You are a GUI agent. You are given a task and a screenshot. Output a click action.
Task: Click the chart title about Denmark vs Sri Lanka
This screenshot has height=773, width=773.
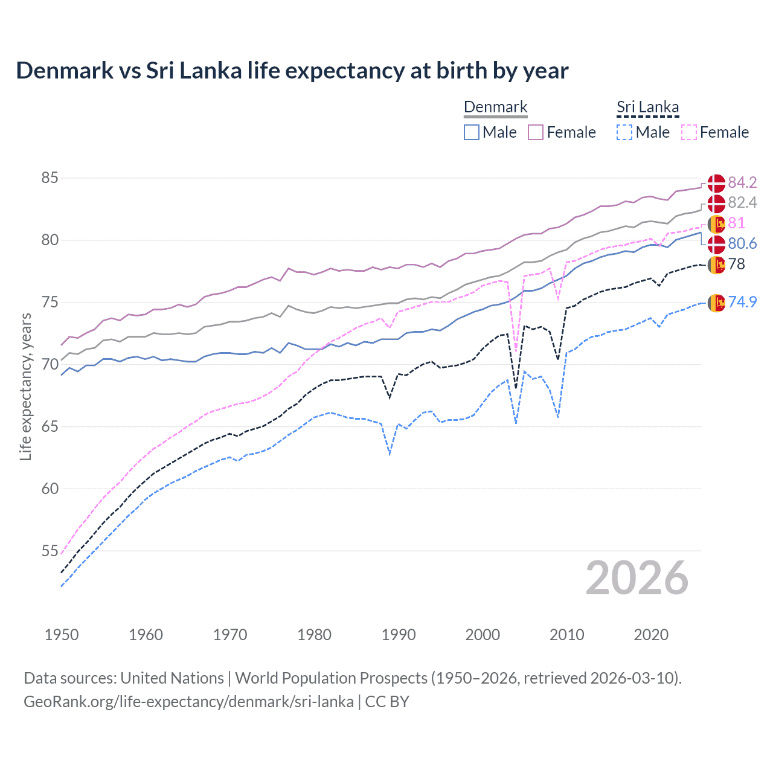292,71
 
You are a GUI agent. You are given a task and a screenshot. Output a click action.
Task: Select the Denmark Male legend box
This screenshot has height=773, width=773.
472,132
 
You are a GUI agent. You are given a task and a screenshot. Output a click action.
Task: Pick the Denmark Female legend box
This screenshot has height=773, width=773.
536,132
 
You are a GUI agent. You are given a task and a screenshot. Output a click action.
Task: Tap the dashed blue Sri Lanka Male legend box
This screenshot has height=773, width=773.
624,132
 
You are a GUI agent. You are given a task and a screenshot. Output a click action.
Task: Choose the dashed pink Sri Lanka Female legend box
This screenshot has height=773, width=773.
688,132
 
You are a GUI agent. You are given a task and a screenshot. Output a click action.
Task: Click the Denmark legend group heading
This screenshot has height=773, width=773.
495,107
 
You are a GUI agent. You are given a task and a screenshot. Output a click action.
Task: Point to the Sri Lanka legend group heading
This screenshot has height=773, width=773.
647,107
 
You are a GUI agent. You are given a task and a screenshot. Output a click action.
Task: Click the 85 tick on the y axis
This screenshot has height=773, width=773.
50,178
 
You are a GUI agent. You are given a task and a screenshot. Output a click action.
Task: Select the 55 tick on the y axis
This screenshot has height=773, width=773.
50,551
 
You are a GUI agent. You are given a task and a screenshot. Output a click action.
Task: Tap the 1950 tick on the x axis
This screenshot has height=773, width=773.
62,635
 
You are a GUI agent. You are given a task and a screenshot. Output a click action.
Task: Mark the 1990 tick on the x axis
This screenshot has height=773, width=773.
399,635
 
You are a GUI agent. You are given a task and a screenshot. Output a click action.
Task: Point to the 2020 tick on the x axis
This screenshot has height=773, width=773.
651,635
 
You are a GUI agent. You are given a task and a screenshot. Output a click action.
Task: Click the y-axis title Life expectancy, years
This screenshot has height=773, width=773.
25,387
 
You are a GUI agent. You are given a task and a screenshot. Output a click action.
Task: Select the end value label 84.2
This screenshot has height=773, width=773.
742,182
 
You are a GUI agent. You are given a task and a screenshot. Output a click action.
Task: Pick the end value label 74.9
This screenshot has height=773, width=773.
742,302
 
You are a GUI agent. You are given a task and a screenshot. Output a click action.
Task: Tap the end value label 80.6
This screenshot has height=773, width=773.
742,243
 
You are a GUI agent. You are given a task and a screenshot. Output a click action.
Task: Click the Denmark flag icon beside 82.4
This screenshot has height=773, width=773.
716,204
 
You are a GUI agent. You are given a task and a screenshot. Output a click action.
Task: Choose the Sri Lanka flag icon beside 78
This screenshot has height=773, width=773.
716,265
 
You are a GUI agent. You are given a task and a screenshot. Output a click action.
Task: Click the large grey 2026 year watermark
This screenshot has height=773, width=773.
637,579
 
